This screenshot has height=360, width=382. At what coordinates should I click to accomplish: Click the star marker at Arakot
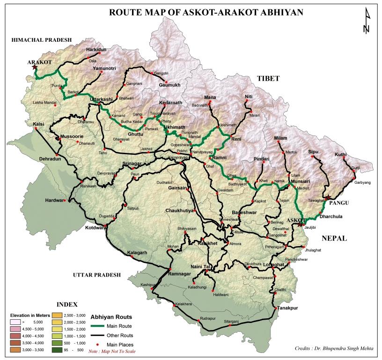(x=34, y=67)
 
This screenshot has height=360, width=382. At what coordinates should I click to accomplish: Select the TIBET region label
(x=268, y=79)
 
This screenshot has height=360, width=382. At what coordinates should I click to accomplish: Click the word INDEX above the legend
(x=67, y=304)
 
